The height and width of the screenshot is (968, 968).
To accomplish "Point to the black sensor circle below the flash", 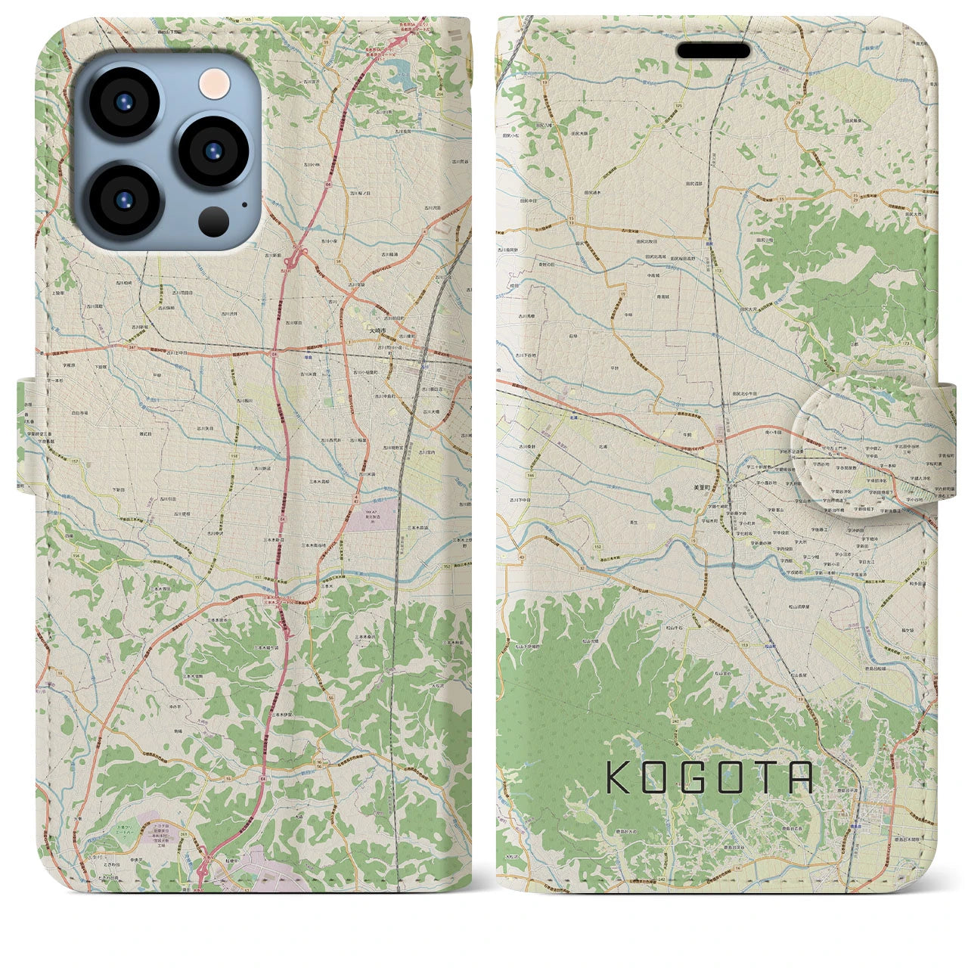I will (x=215, y=221).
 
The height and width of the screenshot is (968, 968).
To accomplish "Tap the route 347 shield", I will (x=111, y=346).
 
